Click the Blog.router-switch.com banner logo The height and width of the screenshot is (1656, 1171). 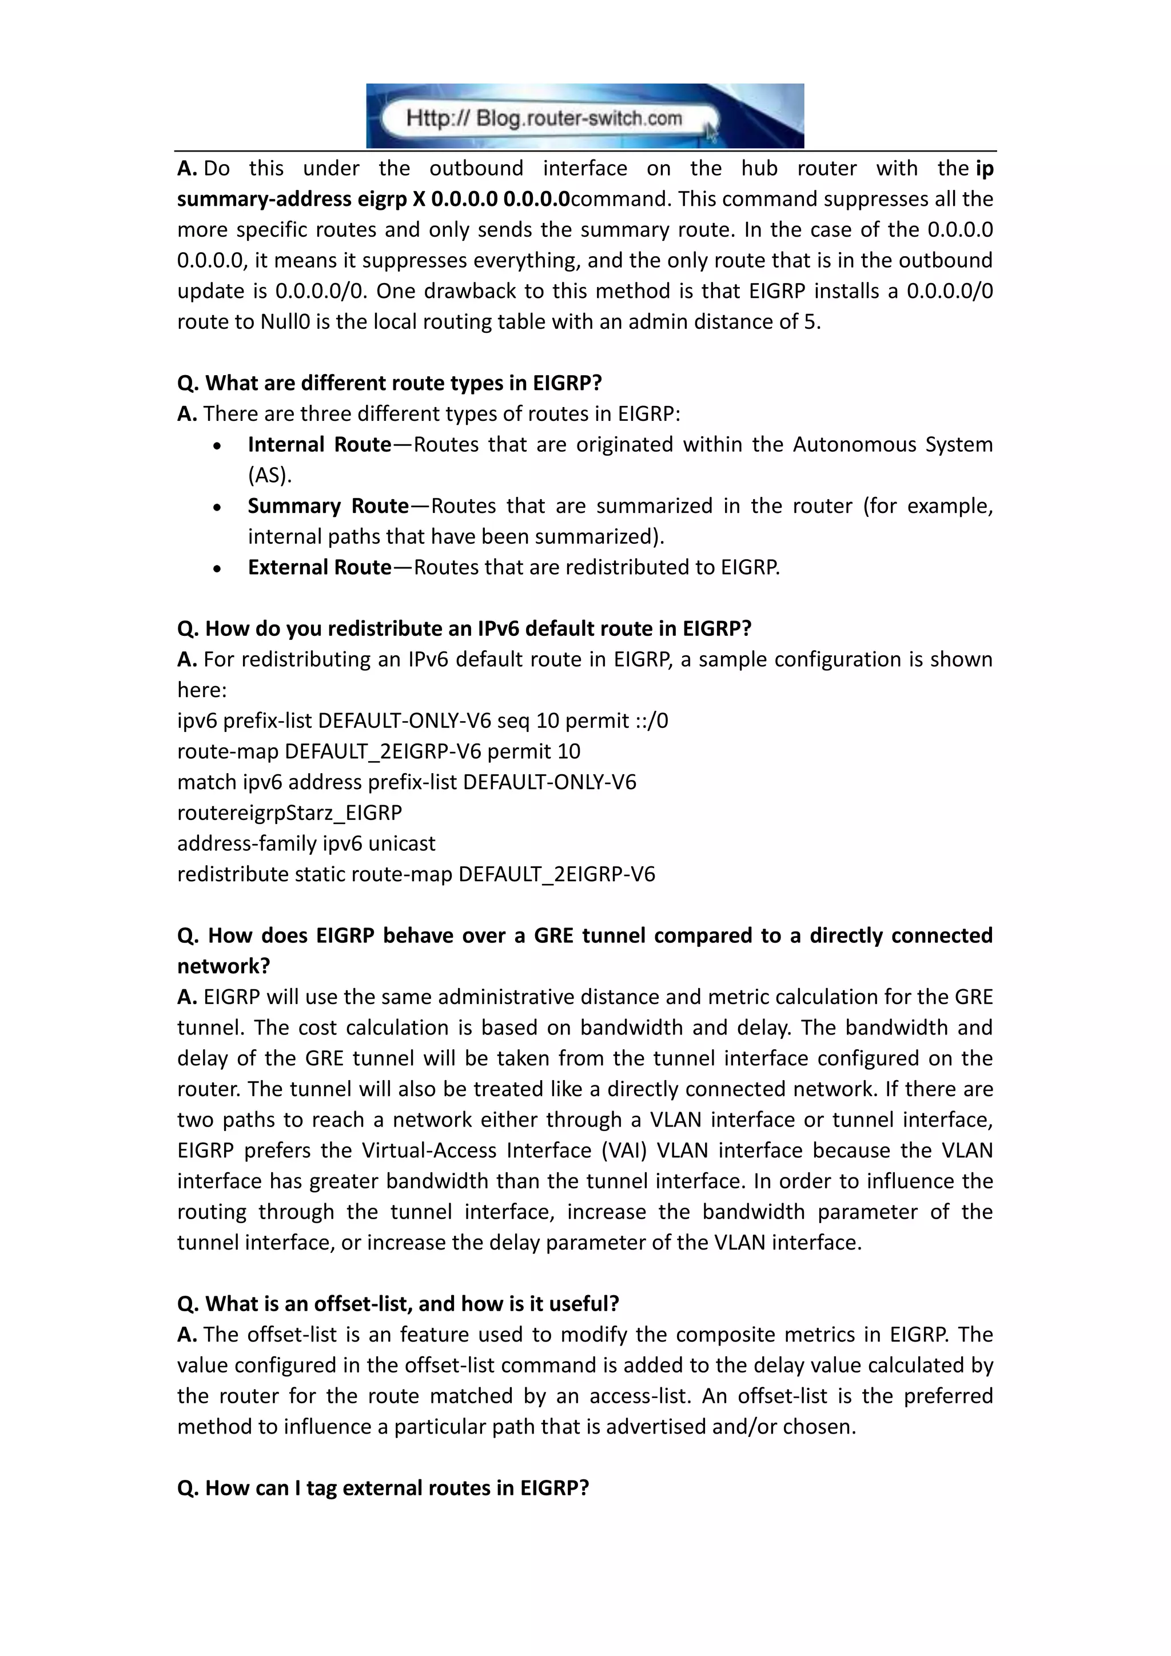pyautogui.click(x=585, y=116)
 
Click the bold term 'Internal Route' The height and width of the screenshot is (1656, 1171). pyautogui.click(x=318, y=444)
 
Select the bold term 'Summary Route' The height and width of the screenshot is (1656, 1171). pyautogui.click(x=328, y=505)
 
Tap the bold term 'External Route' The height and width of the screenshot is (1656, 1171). pyautogui.click(x=318, y=567)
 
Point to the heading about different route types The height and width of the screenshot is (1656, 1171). pyautogui.click(x=389, y=383)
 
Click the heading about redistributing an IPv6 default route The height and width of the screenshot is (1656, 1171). pyautogui.click(x=464, y=628)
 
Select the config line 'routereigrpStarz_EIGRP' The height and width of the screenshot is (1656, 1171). pyautogui.click(x=290, y=813)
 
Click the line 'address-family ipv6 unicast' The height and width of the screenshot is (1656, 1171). pyautogui.click(x=306, y=843)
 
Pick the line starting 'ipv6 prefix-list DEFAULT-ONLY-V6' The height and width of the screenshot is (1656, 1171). pyautogui.click(x=423, y=720)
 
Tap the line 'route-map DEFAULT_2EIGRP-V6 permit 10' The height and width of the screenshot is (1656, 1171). pyautogui.click(x=379, y=751)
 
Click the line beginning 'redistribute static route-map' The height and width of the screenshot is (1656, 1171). pyautogui.click(x=416, y=874)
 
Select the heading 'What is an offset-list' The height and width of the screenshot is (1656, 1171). pyautogui.click(x=398, y=1303)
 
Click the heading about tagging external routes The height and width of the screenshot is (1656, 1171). pyautogui.click(x=383, y=1488)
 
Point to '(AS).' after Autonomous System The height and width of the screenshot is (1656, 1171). pyautogui.click(x=270, y=475)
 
